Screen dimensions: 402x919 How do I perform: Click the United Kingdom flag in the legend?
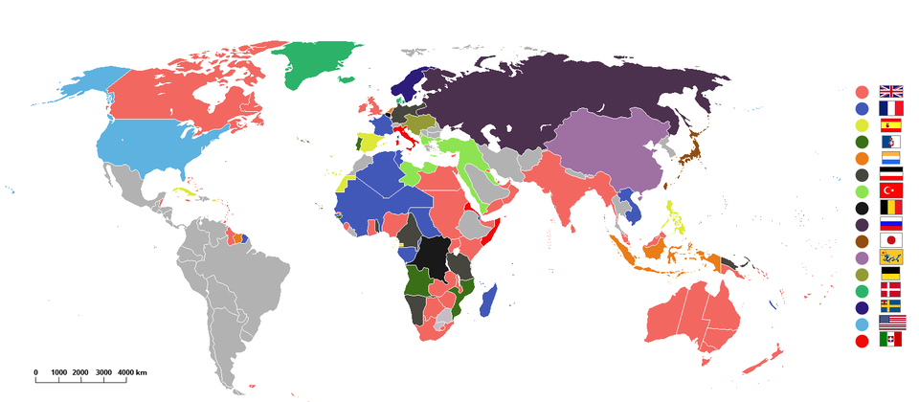(891, 92)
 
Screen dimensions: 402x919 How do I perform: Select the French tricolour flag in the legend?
(891, 108)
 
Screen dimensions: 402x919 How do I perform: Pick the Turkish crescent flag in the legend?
(891, 190)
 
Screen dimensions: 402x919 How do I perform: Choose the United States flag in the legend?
(891, 323)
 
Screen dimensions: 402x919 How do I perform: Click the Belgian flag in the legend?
(891, 207)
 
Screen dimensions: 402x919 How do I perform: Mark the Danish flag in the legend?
(891, 290)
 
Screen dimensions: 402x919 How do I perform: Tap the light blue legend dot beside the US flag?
(862, 323)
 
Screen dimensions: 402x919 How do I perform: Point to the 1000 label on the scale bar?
(59, 371)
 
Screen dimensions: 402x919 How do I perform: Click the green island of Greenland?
(316, 62)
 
